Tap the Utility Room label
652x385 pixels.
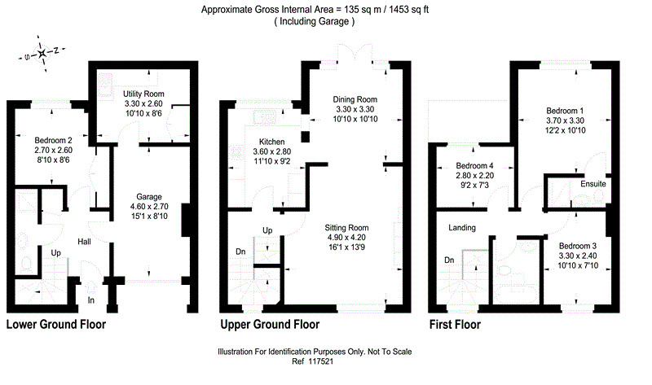[144, 94]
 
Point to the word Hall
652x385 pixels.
[85, 243]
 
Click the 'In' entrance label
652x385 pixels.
[91, 300]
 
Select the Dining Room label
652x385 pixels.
[355, 99]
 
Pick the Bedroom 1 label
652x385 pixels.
[565, 111]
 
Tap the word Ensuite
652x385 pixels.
[593, 185]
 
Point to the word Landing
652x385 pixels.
[461, 228]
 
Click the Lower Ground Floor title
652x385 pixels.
[56, 324]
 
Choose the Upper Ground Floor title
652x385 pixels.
[270, 324]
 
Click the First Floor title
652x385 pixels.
[455, 324]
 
